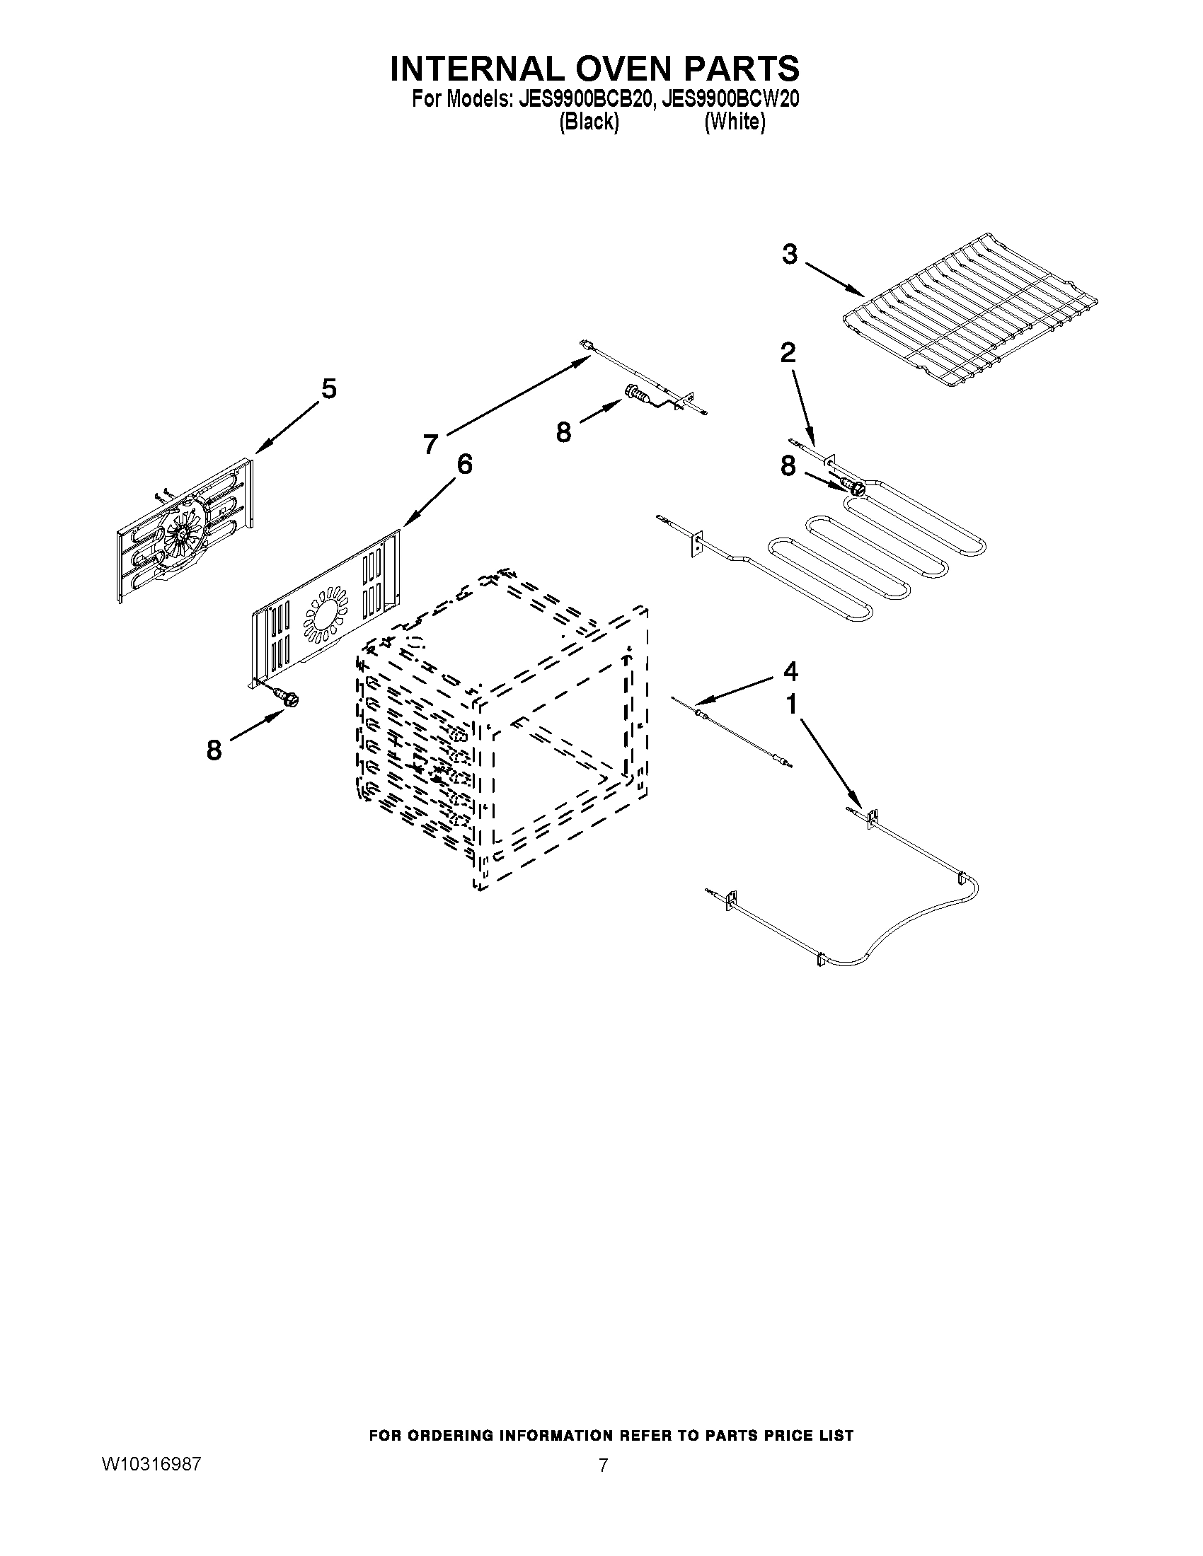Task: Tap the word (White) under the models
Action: pyautogui.click(x=735, y=122)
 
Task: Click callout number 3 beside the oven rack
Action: pyautogui.click(x=789, y=255)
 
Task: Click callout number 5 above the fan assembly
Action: pyautogui.click(x=328, y=390)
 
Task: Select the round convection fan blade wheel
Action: pyautogui.click(x=181, y=536)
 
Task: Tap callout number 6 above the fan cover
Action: pyautogui.click(x=464, y=465)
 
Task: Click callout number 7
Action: pyautogui.click(x=430, y=445)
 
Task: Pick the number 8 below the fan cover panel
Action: pyautogui.click(x=214, y=750)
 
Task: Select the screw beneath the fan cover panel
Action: pyautogui.click(x=289, y=699)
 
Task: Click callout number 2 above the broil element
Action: pyautogui.click(x=788, y=352)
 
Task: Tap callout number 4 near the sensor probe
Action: pyautogui.click(x=790, y=671)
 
